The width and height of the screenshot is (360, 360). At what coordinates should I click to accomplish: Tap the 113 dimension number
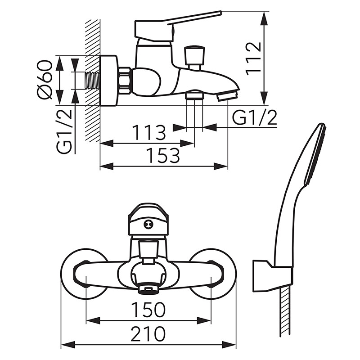[149, 133]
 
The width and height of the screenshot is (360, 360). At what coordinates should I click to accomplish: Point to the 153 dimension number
[162, 156]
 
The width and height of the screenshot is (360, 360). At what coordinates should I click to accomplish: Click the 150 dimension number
[148, 310]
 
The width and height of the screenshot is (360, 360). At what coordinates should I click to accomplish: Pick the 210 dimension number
[148, 334]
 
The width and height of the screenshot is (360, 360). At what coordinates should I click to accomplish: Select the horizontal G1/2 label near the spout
[254, 118]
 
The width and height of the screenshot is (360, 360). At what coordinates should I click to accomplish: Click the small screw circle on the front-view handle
[148, 225]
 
